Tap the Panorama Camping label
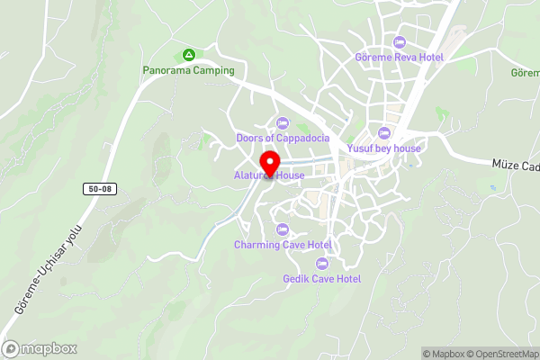[x=188, y=70]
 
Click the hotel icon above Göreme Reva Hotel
[x=400, y=41]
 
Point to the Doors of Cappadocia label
[x=283, y=138]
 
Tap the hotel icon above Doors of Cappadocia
[x=283, y=122]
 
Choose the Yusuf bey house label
[x=384, y=148]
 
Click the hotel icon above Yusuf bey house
[x=384, y=133]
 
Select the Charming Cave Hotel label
[x=283, y=245]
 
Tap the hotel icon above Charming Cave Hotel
[x=283, y=229]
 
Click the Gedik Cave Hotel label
[x=321, y=279]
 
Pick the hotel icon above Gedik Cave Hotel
[x=321, y=263]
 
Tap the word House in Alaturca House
[x=291, y=175]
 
